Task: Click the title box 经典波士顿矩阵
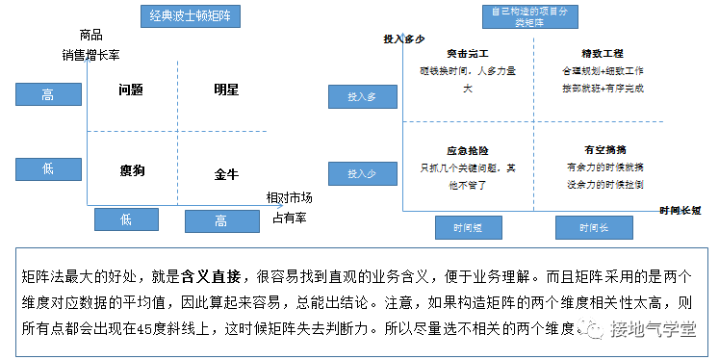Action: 195,17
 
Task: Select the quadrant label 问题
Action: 131,90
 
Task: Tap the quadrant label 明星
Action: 226,90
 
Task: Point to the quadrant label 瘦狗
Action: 133,170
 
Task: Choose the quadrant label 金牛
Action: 226,175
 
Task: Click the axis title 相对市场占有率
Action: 290,205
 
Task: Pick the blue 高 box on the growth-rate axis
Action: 48,94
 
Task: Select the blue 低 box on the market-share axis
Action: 125,219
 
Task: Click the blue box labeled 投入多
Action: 361,96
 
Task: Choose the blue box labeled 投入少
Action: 361,173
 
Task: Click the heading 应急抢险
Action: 468,150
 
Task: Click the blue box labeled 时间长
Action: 593,228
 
